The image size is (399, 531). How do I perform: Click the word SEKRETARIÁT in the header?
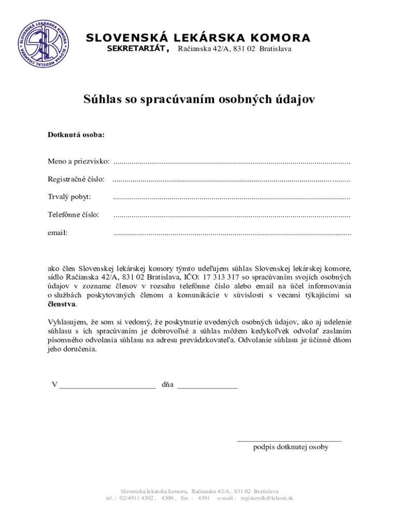click(x=137, y=49)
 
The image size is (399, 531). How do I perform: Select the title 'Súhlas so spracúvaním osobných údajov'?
click(x=199, y=99)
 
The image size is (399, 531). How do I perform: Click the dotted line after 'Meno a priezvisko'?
click(x=232, y=162)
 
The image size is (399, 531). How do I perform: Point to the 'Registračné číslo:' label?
click(x=76, y=179)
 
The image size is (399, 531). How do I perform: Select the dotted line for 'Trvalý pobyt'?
click(x=231, y=197)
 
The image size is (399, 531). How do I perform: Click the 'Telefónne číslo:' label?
click(x=74, y=215)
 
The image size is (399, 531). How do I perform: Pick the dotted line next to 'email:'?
click(x=232, y=233)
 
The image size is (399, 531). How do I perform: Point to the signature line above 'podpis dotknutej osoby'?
click(x=289, y=440)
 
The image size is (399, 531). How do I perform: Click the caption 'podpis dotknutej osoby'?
click(x=291, y=447)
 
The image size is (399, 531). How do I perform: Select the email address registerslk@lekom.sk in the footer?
click(x=267, y=498)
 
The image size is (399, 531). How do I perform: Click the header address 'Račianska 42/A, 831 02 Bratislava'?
click(x=235, y=49)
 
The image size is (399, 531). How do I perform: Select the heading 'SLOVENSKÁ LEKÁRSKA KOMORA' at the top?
click(x=198, y=38)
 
